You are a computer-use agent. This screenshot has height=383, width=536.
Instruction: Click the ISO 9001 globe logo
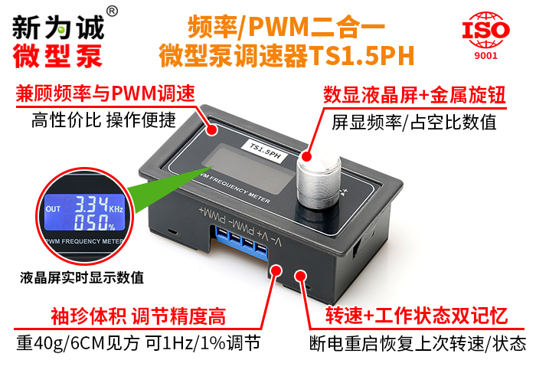click(485, 35)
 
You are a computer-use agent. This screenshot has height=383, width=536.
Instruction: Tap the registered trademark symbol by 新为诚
click(112, 11)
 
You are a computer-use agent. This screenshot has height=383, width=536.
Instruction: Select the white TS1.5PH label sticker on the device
click(265, 151)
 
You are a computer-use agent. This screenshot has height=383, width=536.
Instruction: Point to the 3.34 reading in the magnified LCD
click(91, 205)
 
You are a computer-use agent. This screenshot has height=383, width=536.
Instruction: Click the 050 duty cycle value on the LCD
click(91, 222)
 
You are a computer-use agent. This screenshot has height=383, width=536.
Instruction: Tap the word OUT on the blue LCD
click(53, 209)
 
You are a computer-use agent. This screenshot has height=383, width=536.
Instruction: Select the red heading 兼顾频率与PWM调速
click(106, 93)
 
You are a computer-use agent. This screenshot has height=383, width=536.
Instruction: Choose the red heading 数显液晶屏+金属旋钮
click(414, 95)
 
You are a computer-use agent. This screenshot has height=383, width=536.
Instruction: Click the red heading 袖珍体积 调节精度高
click(139, 316)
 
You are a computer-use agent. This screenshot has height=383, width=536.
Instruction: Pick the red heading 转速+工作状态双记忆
click(416, 316)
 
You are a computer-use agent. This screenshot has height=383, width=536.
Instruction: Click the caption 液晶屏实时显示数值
click(82, 277)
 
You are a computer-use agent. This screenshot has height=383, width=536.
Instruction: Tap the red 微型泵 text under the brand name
click(57, 56)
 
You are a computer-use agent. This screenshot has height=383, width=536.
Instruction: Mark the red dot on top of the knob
click(306, 156)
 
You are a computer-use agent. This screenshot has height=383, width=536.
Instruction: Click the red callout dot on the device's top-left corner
click(212, 129)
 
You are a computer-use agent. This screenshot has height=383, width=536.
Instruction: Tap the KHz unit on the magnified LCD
click(116, 208)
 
